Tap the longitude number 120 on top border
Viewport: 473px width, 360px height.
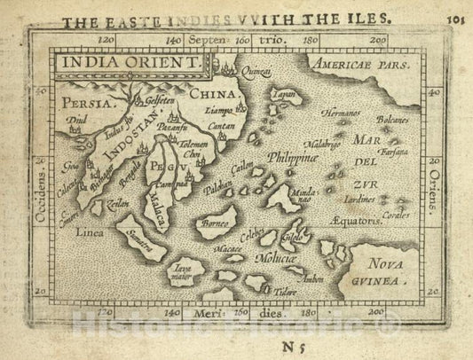pos(107,40)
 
